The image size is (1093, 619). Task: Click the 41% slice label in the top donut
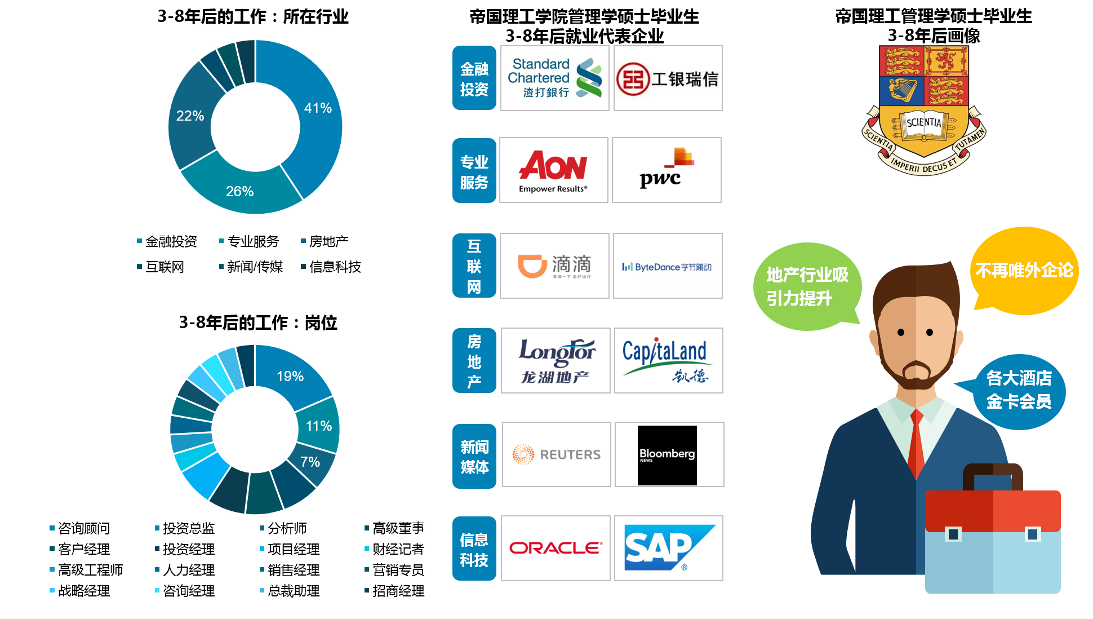coord(318,108)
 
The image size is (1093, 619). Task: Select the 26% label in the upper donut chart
coord(239,191)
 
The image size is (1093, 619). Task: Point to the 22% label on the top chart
coord(190,116)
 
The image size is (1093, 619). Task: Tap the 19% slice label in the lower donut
coord(290,376)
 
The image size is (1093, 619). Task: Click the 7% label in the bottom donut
coord(310,462)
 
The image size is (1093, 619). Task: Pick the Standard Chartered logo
coord(554,78)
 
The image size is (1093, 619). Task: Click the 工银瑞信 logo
coord(668,78)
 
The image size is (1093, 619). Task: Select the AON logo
coord(553,170)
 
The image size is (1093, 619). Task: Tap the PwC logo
coord(667,169)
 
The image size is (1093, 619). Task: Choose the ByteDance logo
coord(667,266)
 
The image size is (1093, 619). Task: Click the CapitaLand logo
coord(668,360)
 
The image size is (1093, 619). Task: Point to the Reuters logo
coord(556,454)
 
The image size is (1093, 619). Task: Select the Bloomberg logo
coord(669,454)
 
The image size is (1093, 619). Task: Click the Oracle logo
coord(556,547)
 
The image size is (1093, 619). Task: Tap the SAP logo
coord(668,547)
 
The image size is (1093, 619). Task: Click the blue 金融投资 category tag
coord(474,78)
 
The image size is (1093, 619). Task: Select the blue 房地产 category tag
coord(474,360)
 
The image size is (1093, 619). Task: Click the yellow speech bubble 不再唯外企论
coord(1024,271)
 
